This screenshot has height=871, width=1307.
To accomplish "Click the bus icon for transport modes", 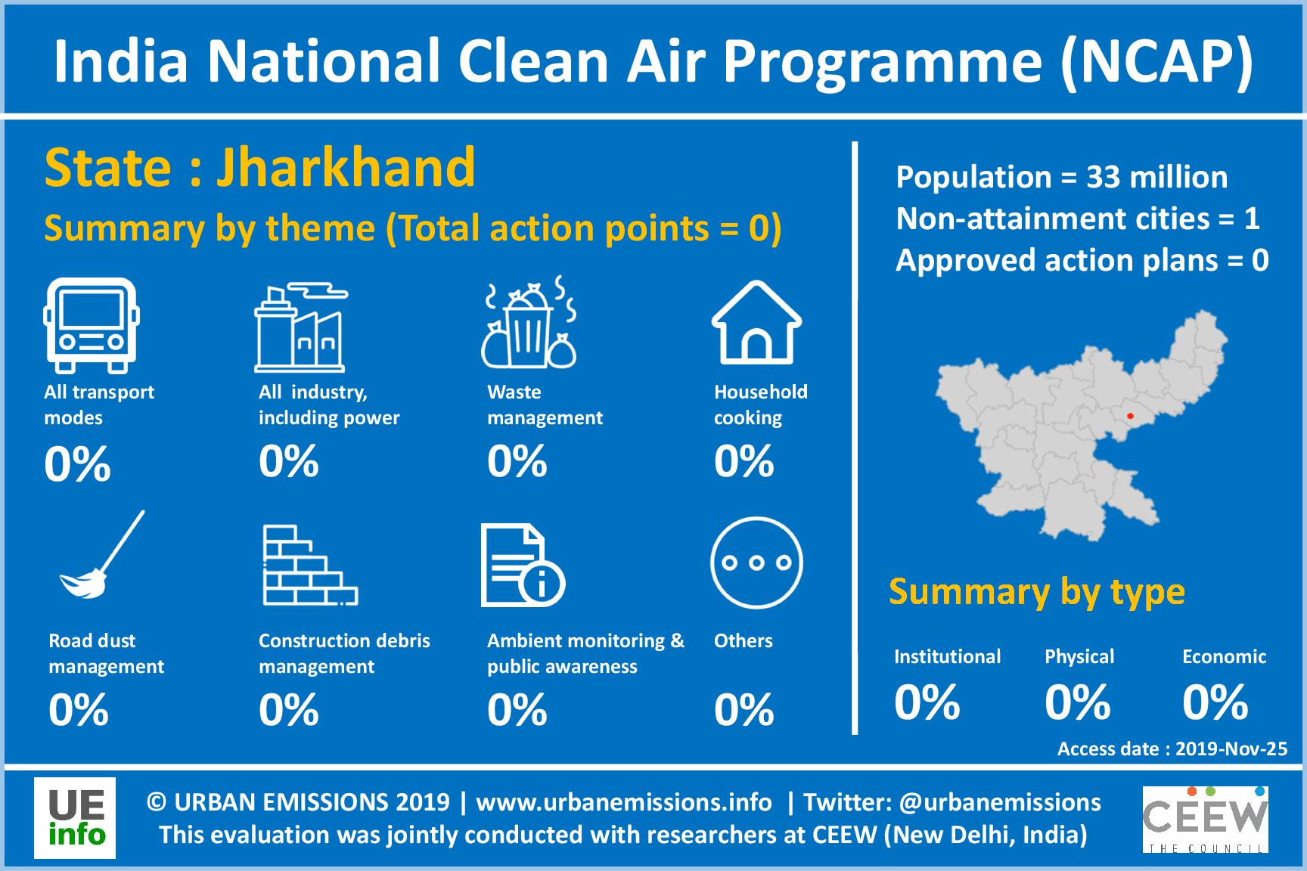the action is (x=92, y=325).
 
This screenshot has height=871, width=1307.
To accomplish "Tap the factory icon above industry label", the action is (x=301, y=327).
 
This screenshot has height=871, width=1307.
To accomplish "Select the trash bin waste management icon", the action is (x=529, y=323).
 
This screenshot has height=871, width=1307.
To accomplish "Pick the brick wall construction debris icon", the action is (x=310, y=566).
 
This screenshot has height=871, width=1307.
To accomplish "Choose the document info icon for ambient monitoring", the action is (x=523, y=566).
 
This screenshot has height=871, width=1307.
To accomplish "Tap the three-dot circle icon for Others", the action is (x=756, y=563).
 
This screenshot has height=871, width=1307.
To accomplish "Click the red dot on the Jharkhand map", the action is (x=1130, y=416).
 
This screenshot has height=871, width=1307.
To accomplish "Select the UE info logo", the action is (x=75, y=818).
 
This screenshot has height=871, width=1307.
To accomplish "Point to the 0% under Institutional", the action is (x=927, y=702).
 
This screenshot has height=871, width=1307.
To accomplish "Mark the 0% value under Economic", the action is (x=1215, y=702).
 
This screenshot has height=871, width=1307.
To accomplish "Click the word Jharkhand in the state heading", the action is (x=346, y=167).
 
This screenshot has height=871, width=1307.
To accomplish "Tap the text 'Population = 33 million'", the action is (x=1062, y=178).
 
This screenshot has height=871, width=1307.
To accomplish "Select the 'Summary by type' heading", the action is (x=1037, y=593).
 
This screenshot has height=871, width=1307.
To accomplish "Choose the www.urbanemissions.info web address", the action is (x=624, y=801).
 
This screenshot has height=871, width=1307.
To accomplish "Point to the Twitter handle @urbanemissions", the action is (x=1001, y=801).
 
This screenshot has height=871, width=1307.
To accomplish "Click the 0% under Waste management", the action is (x=517, y=461).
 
